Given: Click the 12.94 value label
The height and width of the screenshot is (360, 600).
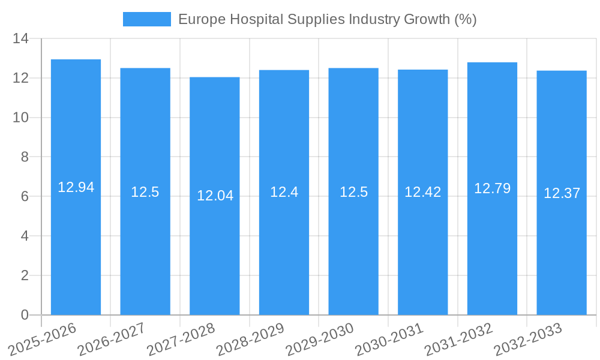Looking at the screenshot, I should [76, 187].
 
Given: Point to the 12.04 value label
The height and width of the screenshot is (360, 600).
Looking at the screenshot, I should [215, 196].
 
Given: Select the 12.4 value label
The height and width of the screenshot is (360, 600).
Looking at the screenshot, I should [284, 192].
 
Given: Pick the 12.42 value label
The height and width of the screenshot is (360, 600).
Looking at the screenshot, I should [422, 192].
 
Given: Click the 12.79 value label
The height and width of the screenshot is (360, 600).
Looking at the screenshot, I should [492, 188].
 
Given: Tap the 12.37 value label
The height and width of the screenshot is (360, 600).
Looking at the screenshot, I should [562, 193].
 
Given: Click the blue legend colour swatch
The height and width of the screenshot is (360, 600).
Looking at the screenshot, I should [146, 19].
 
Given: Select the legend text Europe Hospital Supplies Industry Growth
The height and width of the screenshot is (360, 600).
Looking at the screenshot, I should [327, 19].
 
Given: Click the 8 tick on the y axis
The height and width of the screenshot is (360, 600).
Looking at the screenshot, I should [24, 157].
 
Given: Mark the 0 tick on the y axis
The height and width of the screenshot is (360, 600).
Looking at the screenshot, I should [24, 315].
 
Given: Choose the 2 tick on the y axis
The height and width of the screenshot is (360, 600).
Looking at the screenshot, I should [24, 275].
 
